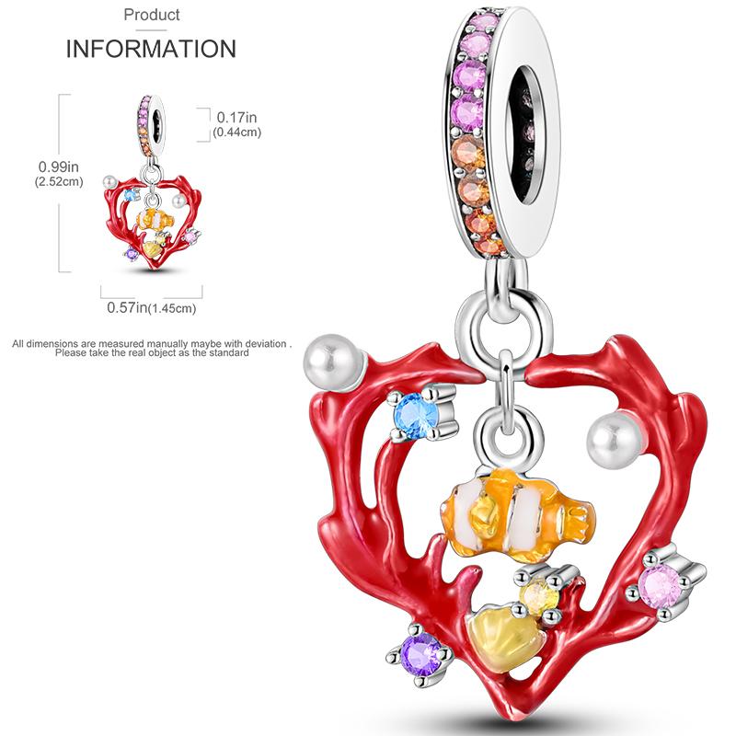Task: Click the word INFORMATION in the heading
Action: (x=151, y=49)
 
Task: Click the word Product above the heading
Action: (x=152, y=15)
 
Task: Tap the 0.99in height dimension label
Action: (x=59, y=167)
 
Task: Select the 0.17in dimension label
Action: (x=236, y=118)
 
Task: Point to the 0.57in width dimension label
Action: (x=127, y=307)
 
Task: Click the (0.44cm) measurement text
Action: (x=236, y=132)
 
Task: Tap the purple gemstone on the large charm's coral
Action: (x=420, y=654)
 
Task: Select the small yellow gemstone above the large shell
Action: (x=540, y=596)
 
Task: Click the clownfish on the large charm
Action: (x=517, y=515)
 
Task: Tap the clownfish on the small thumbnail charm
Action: (x=155, y=219)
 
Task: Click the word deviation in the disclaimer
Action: (x=265, y=343)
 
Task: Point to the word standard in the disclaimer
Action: (x=228, y=353)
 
